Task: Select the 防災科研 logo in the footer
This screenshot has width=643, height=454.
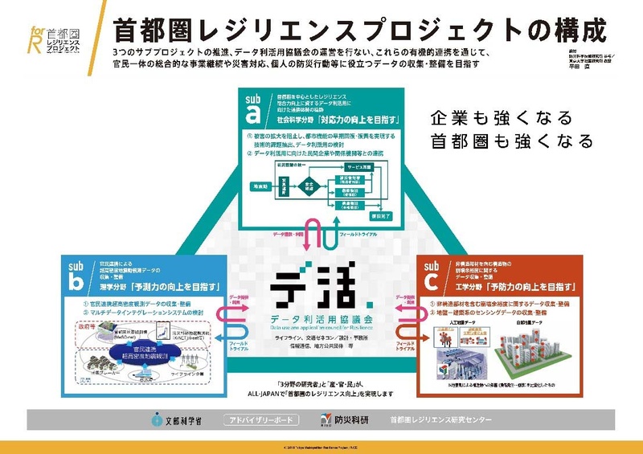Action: point(343,419)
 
